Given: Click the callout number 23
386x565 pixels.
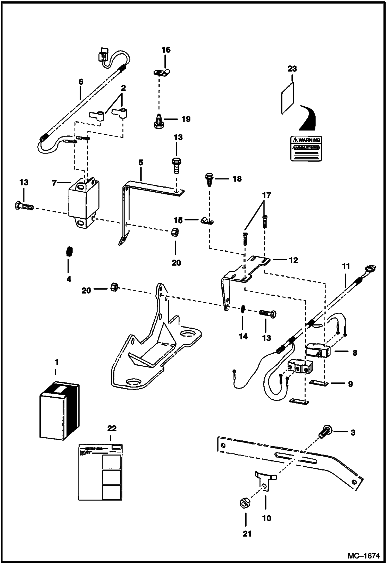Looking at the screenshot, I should point(292,69).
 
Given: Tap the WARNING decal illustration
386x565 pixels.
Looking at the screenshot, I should point(306,149).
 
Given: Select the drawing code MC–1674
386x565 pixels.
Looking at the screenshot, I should point(364,556).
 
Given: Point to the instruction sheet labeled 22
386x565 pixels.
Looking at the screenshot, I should point(100,472).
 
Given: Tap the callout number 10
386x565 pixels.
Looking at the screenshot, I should point(266,518).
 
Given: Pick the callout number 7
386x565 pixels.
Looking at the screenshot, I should point(54,184).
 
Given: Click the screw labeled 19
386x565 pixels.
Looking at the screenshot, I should point(158,121).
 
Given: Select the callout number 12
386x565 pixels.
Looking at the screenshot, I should point(293,260).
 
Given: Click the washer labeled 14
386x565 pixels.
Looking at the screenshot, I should point(242,309).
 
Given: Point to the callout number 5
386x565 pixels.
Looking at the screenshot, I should point(141,163).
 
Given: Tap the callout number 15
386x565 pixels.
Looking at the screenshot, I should point(178,220).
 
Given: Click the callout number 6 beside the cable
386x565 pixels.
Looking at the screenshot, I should point(81,82).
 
